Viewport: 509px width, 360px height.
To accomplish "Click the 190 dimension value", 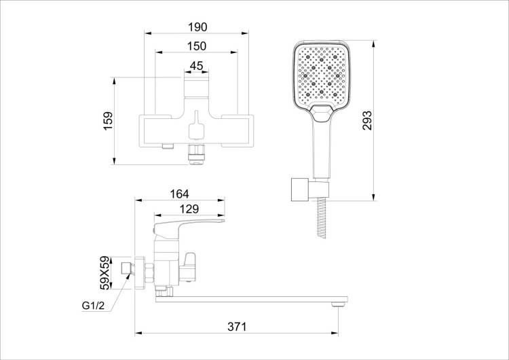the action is click(197, 27).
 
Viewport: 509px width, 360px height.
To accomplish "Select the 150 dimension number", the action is click(196, 46).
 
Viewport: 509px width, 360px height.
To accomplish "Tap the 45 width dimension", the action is click(196, 66).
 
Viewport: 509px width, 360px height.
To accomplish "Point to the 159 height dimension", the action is click(108, 121).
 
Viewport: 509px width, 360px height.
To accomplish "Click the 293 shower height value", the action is click(367, 120).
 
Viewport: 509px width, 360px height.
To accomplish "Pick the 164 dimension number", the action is click(179, 194).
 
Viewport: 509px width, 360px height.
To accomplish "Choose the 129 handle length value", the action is click(189, 209).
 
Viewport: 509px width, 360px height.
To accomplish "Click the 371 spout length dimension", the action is click(237, 327).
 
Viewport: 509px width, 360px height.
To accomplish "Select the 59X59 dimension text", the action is click(105, 273).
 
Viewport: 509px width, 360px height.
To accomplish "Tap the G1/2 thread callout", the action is click(93, 306).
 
